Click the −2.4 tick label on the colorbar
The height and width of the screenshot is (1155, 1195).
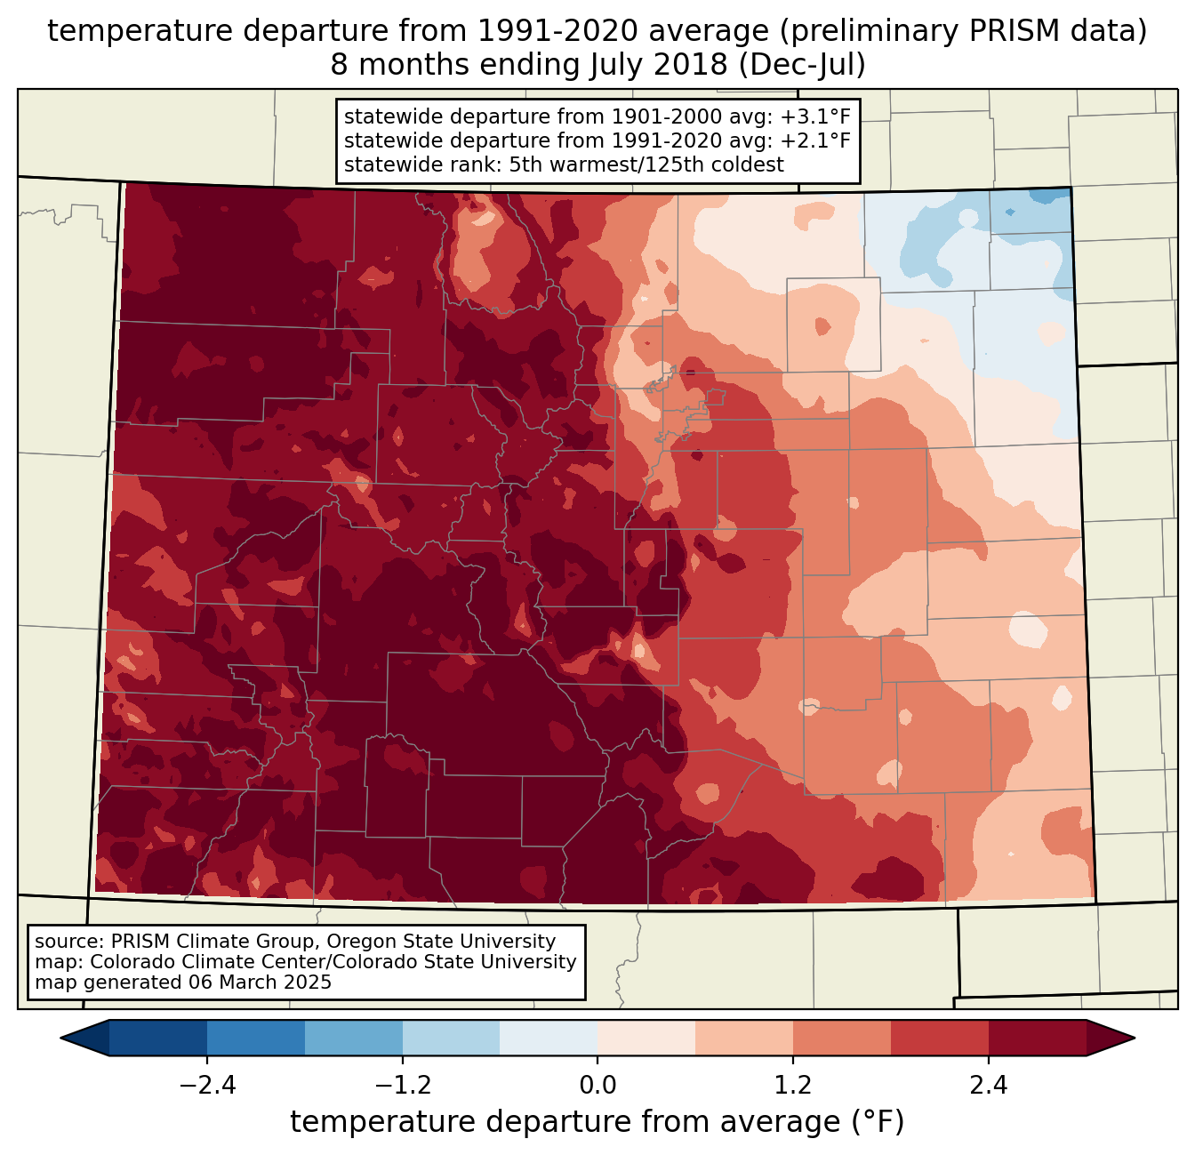(207, 1086)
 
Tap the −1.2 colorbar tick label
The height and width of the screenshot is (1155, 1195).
(402, 1086)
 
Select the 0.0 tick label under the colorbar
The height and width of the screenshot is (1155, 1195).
(597, 1086)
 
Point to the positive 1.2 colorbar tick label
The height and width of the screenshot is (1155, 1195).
(793, 1086)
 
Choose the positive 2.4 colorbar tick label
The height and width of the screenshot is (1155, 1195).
(989, 1086)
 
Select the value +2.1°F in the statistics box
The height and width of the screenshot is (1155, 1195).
(815, 140)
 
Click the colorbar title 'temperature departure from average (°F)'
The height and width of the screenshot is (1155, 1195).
(597, 1122)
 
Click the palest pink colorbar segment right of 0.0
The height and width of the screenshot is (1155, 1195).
(646, 1038)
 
